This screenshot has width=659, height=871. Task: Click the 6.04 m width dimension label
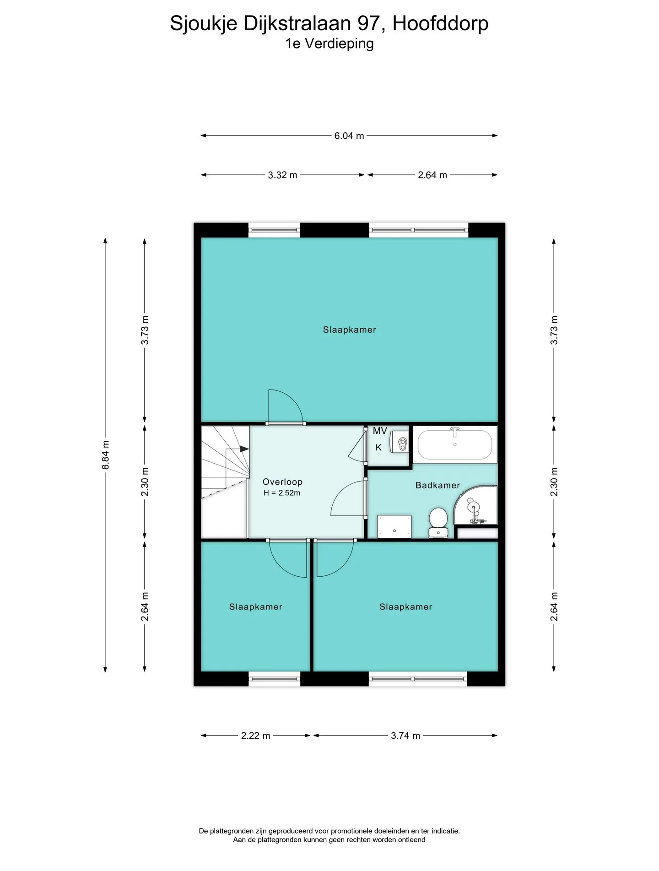tap(349, 136)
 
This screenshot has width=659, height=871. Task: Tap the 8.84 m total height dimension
tap(106, 455)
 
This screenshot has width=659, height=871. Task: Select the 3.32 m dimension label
tap(282, 175)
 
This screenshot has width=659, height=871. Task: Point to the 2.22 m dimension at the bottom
tap(255, 736)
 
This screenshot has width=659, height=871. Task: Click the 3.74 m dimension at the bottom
tap(405, 736)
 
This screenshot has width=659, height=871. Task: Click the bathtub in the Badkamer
tap(455, 444)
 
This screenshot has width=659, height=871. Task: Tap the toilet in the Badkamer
tap(438, 522)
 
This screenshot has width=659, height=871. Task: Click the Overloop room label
tap(282, 482)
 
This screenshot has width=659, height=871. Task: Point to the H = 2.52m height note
tap(282, 493)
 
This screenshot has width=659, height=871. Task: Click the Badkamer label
tap(438, 486)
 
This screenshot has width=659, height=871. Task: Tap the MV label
tap(380, 431)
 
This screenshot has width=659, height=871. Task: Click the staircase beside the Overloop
tap(225, 482)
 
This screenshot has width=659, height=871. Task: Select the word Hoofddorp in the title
tap(440, 23)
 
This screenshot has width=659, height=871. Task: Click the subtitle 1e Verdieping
tap(329, 44)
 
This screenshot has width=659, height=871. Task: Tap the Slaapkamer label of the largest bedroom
tap(350, 330)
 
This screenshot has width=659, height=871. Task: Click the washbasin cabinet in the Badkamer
tap(394, 527)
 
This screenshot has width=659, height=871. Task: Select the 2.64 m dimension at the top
tap(432, 175)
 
